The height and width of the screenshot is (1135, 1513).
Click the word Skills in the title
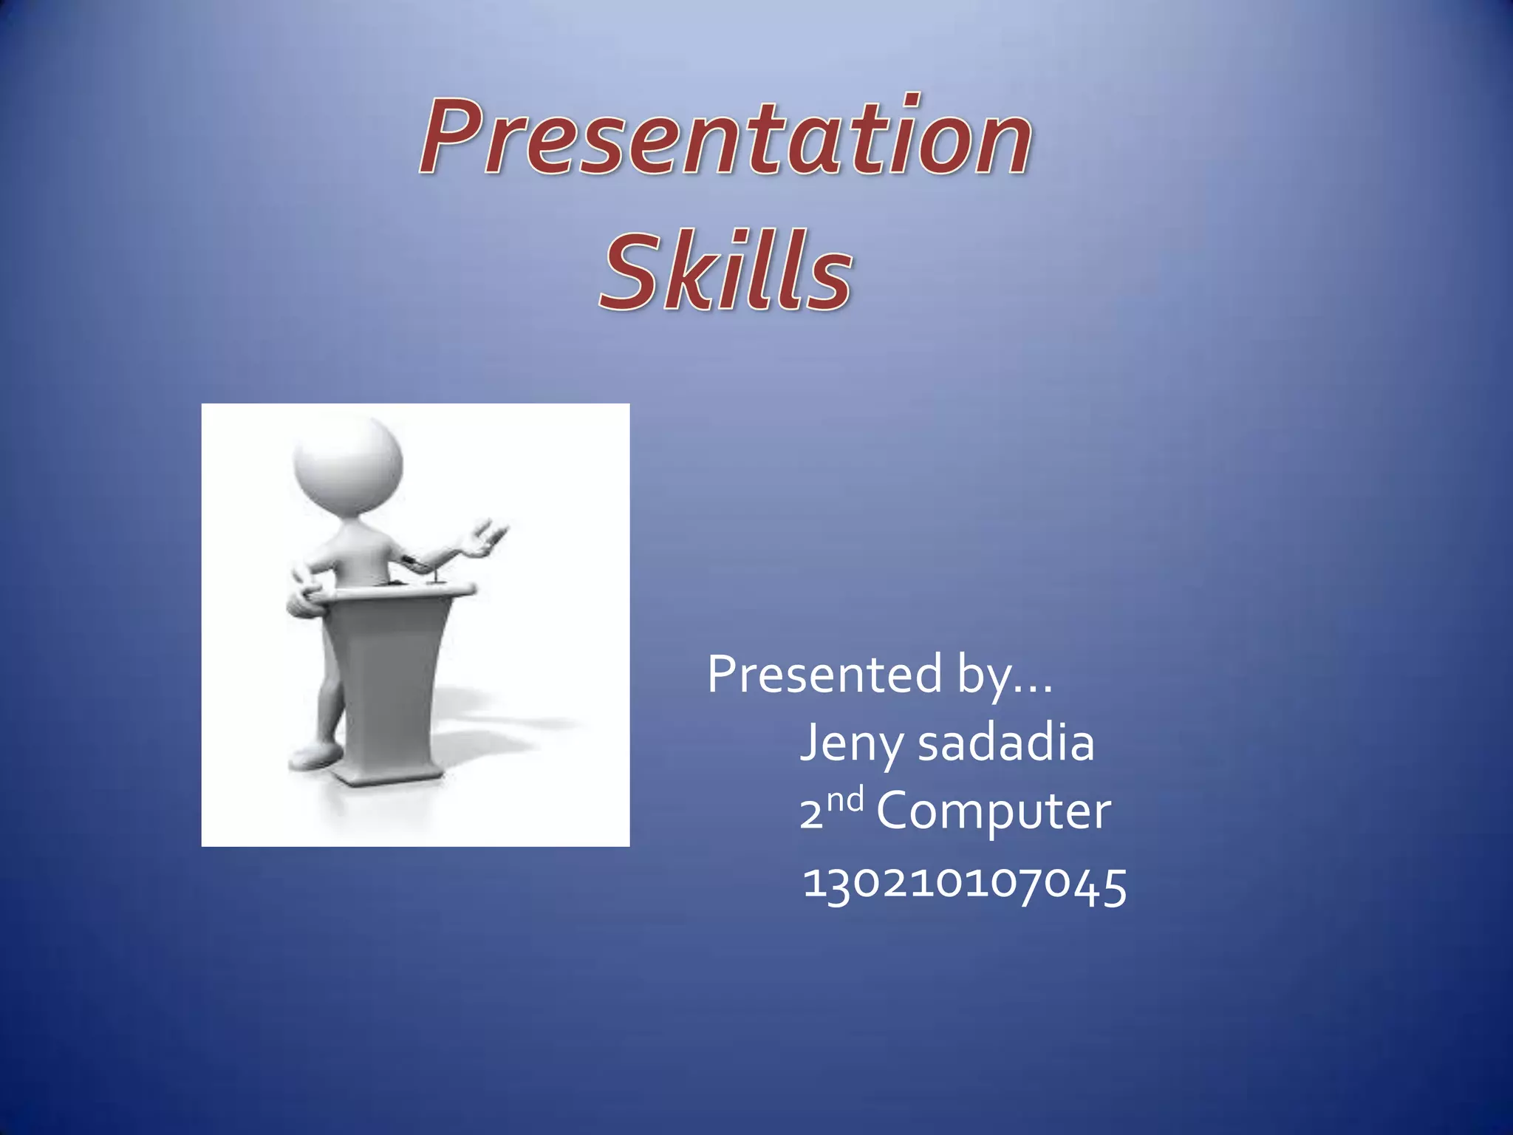pos(725,271)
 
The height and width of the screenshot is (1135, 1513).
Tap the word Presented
pos(824,674)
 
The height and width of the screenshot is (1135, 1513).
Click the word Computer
pos(993,811)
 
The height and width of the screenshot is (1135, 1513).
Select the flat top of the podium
pos(403,590)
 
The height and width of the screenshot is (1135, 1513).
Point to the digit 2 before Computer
pos(810,814)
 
